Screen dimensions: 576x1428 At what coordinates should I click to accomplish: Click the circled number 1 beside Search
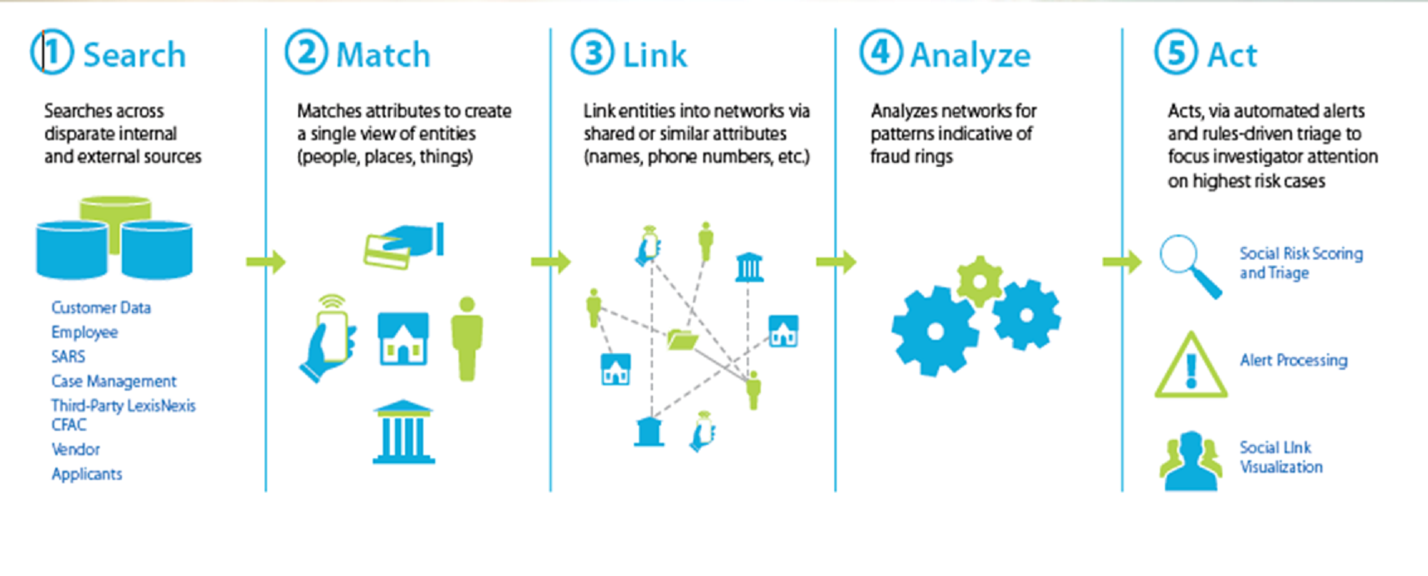[x=52, y=53]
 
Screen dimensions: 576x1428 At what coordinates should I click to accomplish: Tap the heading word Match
[x=383, y=55]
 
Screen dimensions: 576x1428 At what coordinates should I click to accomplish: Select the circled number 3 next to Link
[x=592, y=53]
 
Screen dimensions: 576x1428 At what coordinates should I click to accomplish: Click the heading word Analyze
[x=970, y=56]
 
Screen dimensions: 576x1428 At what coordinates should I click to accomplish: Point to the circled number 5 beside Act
[x=1176, y=53]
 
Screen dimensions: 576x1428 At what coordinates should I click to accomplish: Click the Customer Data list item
[x=101, y=308]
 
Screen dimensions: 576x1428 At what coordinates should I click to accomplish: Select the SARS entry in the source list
[x=68, y=356]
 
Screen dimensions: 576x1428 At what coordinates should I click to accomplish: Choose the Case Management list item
[x=114, y=381]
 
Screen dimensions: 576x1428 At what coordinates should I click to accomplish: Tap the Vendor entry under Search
[x=76, y=449]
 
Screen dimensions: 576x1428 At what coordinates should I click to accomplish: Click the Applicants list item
[x=87, y=474]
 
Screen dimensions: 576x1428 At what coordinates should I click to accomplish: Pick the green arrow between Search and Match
[x=266, y=262]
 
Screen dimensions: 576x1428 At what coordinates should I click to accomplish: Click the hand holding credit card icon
[x=404, y=245]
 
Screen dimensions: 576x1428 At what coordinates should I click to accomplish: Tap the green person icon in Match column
[x=467, y=338]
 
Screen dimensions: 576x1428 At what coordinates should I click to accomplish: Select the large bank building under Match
[x=403, y=432]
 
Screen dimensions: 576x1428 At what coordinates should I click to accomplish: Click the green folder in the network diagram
[x=682, y=340]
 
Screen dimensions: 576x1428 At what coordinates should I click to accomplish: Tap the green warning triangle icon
[x=1191, y=366]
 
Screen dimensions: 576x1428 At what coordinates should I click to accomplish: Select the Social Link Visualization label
[x=1281, y=457]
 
